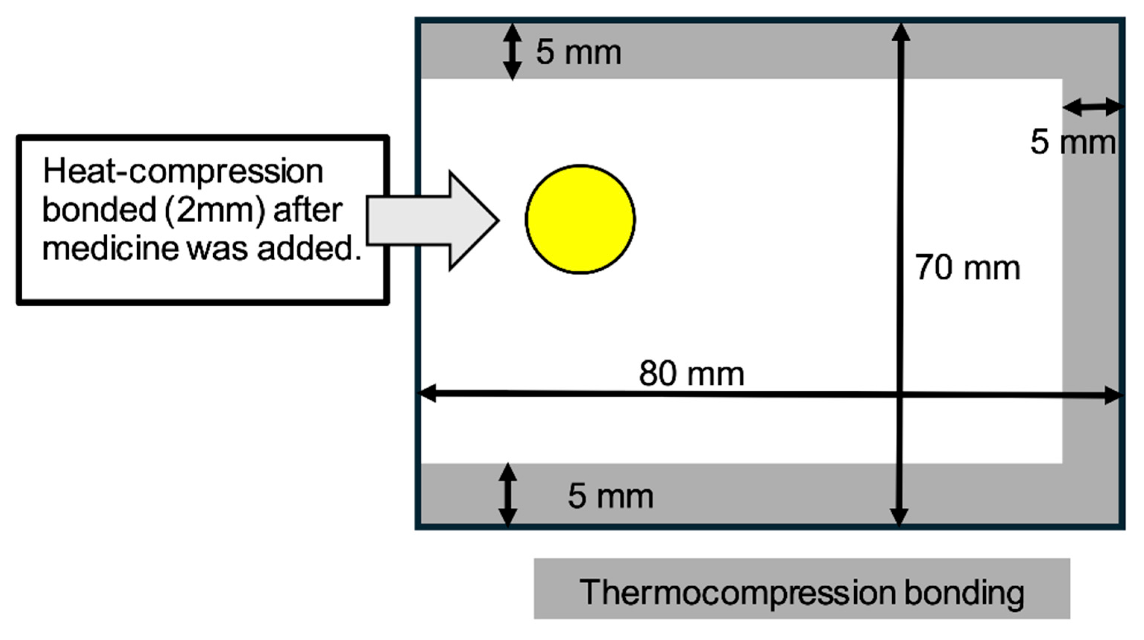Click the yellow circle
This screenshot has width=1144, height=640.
click(580, 219)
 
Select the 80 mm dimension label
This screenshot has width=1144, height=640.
click(691, 374)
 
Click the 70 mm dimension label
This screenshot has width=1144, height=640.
click(967, 268)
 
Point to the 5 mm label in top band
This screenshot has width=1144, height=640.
click(578, 53)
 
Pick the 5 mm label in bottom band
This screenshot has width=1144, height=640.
click(610, 496)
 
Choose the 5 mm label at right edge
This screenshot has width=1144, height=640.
click(1073, 142)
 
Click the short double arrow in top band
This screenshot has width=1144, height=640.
click(512, 51)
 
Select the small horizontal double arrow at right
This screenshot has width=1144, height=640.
click(1093, 107)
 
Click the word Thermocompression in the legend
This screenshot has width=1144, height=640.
click(737, 593)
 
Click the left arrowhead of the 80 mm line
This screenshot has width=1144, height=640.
click(427, 393)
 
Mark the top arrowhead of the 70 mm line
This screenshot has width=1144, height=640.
click(901, 32)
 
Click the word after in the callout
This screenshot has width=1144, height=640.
click(308, 210)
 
